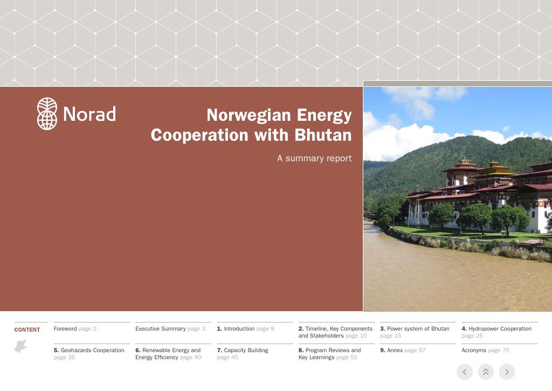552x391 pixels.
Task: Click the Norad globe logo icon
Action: pos(47,114)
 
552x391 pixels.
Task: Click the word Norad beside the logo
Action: pos(89,114)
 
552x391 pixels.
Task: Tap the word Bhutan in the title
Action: pos(323,135)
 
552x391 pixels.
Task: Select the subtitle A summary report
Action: pos(314,158)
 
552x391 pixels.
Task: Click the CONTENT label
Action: pos(27,330)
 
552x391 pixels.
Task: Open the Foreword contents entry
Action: pos(75,328)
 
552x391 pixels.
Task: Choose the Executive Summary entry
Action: pos(170,328)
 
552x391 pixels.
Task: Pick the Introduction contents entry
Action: pos(245,328)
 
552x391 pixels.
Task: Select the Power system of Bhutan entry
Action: pos(415,332)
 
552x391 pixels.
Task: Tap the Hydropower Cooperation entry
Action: pos(496,332)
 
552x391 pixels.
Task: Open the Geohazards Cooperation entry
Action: pos(89,354)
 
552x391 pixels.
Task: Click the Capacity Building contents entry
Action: pos(243,354)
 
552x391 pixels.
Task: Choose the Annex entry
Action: pos(403,350)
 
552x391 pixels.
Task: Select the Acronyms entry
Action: pos(486,350)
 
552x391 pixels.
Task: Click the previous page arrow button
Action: pos(465,372)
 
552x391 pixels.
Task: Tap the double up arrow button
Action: pos(486,372)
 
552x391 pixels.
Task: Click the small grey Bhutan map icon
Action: pos(21,346)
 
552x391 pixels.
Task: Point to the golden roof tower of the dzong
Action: pos(494,168)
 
